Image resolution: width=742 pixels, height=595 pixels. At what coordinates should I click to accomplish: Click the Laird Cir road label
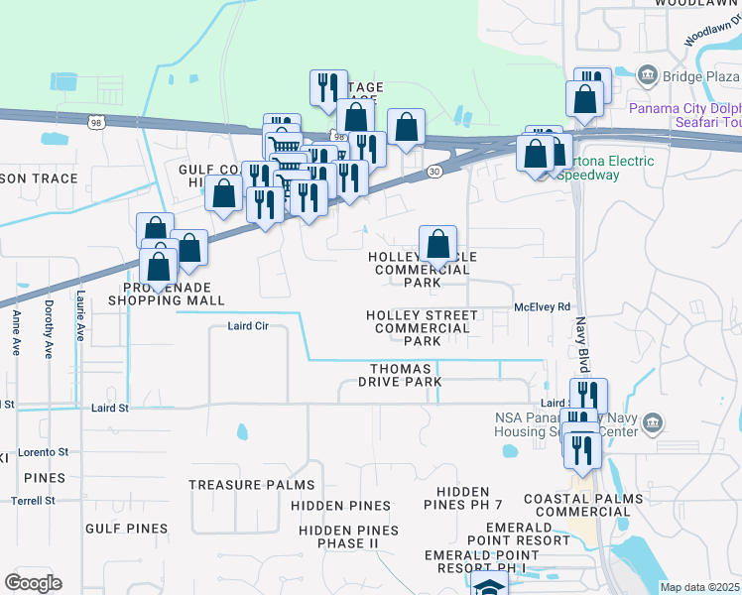[x=248, y=325]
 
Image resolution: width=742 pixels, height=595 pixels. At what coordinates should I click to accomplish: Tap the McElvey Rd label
[x=543, y=307]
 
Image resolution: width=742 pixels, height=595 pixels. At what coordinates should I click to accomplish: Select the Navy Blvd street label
[x=583, y=342]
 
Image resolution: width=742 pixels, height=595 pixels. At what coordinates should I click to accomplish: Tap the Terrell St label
[x=35, y=501]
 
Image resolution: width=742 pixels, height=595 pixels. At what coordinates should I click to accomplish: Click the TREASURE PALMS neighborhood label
[x=251, y=486]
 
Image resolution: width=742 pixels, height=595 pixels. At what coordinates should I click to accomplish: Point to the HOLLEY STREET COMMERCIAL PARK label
[x=422, y=328]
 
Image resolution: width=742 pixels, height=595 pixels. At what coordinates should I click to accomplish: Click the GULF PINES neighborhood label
[x=126, y=529]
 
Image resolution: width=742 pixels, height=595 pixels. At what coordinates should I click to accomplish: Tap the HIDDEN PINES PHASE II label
[x=347, y=537]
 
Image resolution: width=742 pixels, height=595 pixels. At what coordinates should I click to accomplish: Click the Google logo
[x=33, y=583]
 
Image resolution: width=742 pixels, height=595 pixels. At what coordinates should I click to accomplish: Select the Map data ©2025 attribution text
[x=699, y=587]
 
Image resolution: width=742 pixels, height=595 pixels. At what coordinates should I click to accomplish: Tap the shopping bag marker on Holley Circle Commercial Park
[x=437, y=245]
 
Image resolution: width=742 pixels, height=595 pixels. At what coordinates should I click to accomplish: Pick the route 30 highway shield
[x=434, y=172]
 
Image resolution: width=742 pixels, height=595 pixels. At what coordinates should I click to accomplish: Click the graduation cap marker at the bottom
[x=488, y=585]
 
